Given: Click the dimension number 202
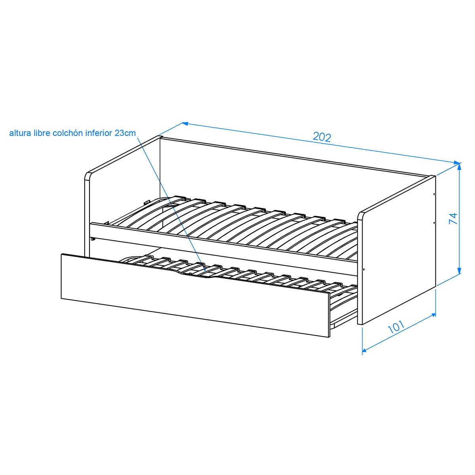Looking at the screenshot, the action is pyautogui.click(x=322, y=137).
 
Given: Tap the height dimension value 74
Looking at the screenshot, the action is pyautogui.click(x=453, y=218).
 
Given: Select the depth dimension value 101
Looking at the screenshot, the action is pyautogui.click(x=396, y=327).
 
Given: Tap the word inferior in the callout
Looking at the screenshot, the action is pyautogui.click(x=99, y=133).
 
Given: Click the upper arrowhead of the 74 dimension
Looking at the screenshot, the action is pyautogui.click(x=459, y=167).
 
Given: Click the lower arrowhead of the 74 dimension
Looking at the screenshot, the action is pyautogui.click(x=459, y=270).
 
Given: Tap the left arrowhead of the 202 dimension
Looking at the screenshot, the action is pyautogui.click(x=185, y=123).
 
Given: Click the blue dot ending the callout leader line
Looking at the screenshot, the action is pyautogui.click(x=205, y=270).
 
